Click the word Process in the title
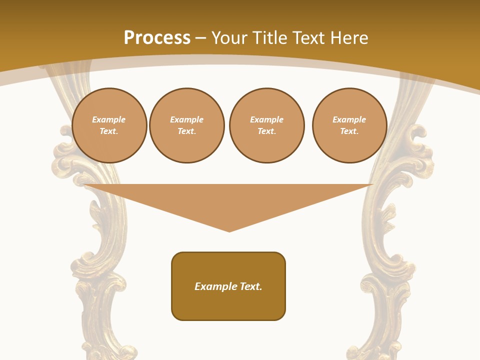157,38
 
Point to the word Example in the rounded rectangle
215,286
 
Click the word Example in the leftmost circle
109,119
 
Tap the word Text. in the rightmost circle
349,131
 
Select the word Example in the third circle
266,119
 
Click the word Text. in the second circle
187,131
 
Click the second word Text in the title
310,38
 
